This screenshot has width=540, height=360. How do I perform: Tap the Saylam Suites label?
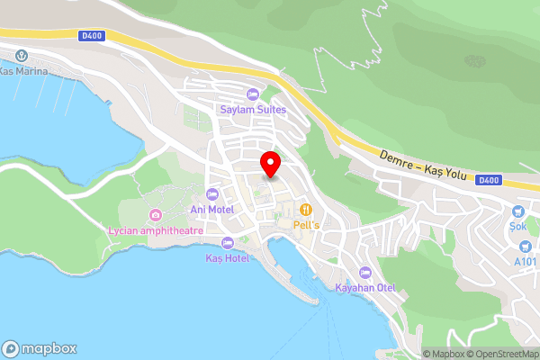click(253, 110)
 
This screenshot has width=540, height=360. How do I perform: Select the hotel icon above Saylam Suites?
click(253, 94)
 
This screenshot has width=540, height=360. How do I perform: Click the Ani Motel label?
click(212, 210)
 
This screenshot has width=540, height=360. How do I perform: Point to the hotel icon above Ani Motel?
click(212, 194)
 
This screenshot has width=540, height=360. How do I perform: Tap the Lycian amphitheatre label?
click(155, 230)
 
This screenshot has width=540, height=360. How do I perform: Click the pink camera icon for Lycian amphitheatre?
click(156, 214)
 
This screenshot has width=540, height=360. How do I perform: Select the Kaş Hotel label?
click(227, 258)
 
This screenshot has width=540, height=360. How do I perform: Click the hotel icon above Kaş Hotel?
click(227, 243)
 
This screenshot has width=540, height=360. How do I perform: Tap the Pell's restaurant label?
click(306, 224)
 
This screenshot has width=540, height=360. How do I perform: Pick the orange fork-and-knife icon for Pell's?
click(306, 210)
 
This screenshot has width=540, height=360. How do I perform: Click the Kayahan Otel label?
click(365, 288)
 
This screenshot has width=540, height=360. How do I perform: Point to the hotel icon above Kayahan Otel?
click(365, 273)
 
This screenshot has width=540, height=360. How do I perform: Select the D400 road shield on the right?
click(490, 180)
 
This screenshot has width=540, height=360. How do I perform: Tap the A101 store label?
click(526, 262)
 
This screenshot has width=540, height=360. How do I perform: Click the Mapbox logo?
click(39, 348)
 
